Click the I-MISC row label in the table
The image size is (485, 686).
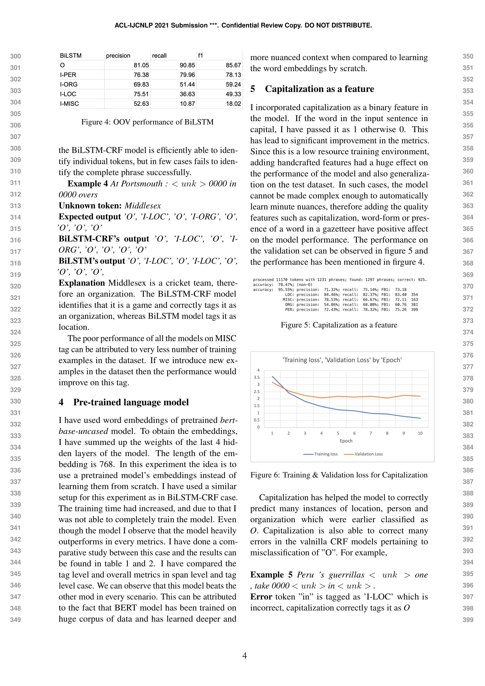(69, 104)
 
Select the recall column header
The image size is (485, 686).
(159, 55)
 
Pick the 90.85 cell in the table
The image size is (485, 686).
(187, 65)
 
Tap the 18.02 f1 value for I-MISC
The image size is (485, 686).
(233, 104)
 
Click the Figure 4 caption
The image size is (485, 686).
(147, 122)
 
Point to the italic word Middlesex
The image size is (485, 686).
(143, 206)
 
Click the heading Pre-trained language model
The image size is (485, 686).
(131, 402)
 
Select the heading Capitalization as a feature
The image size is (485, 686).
(319, 89)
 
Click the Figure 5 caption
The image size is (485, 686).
(339, 325)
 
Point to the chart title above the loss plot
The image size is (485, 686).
(342, 360)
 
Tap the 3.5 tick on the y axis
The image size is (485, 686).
(257, 377)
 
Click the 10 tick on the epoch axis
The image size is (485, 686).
(420, 433)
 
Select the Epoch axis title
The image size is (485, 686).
(346, 441)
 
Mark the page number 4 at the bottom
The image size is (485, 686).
(244, 655)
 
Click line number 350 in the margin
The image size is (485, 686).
(468, 56)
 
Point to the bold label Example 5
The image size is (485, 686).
(271, 575)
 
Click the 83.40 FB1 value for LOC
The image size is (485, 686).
(401, 294)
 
